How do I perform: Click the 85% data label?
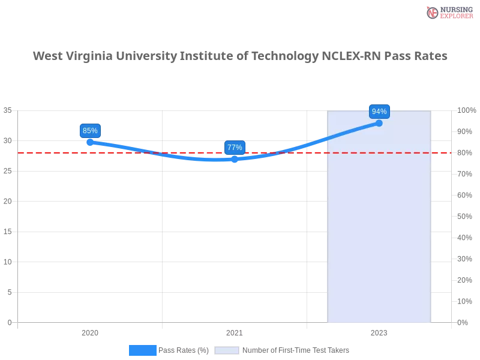[x=90, y=131]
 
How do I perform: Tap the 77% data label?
[x=235, y=147]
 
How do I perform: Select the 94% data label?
[x=379, y=112]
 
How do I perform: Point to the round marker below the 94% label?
[x=379, y=123]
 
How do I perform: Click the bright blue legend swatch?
[x=142, y=350]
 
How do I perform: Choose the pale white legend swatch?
[x=227, y=350]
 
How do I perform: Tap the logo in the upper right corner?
[x=449, y=13]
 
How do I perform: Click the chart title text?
[x=240, y=56]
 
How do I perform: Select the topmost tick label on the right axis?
[x=466, y=110]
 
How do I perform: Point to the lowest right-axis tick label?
[x=463, y=322]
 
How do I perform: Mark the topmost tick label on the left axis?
[x=8, y=110]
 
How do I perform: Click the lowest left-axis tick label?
[x=9, y=322]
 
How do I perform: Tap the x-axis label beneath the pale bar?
[x=379, y=331]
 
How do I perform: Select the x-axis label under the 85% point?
[x=91, y=331]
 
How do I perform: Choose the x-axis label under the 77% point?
[x=235, y=331]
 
